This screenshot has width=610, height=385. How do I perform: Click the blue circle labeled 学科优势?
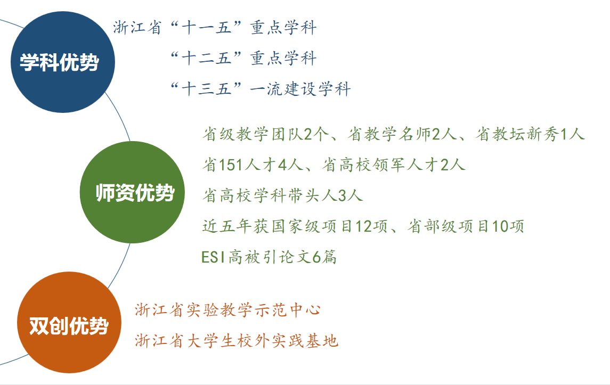63,62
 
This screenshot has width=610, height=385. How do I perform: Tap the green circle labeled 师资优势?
132,192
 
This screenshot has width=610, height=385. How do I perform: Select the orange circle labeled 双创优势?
69,322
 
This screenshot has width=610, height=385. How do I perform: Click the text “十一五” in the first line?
206,28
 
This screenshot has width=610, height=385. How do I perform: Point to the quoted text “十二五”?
206,59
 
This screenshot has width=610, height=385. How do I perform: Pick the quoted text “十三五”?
206,89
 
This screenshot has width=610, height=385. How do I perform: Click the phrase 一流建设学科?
300,89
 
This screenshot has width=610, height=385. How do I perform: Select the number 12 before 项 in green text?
363,226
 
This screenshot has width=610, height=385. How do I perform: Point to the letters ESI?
213,257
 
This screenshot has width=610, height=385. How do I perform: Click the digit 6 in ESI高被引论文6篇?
316,257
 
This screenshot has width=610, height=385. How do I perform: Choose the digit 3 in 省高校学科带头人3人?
342,195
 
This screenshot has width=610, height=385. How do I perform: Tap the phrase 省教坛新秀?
517,134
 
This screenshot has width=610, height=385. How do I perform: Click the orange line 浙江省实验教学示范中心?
228,310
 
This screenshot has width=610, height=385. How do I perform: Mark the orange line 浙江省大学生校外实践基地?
237,341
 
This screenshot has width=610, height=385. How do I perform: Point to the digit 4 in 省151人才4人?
282,165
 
